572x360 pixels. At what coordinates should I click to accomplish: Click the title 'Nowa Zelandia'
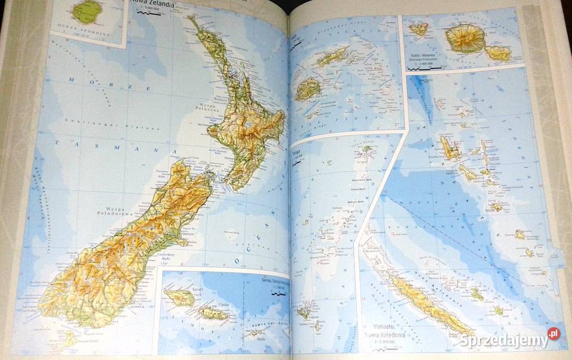(x=150, y=8)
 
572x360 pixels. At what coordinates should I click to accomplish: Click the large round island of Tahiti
(x=465, y=38)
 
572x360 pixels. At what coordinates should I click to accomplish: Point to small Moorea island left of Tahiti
(x=418, y=29)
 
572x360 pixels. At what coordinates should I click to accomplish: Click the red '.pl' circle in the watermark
(x=554, y=334)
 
